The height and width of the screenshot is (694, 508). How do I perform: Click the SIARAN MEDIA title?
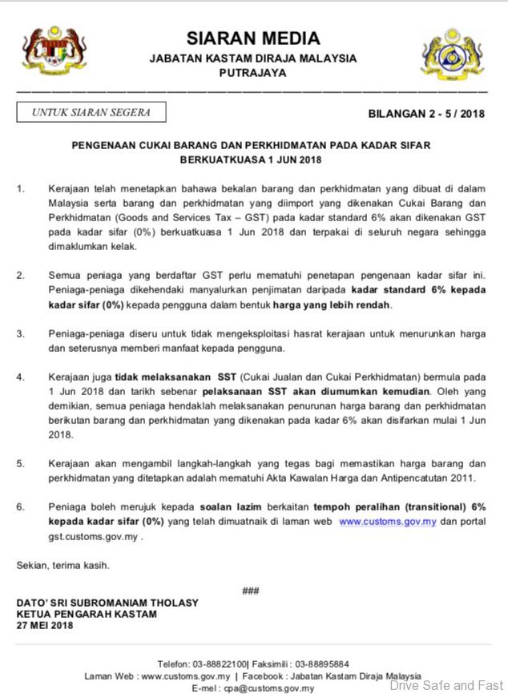[x=253, y=38]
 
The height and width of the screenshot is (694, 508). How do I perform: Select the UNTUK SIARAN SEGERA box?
[x=91, y=113]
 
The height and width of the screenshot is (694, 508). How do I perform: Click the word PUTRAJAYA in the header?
[x=252, y=72]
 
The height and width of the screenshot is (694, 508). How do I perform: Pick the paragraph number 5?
[x=20, y=464]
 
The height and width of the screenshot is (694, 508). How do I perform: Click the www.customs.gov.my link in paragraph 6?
[x=387, y=521]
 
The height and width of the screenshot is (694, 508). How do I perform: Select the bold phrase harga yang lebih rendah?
[x=331, y=305]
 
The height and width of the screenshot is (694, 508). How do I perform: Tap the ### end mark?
[x=251, y=591]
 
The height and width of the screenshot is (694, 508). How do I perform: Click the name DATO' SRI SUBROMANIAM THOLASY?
[x=107, y=603]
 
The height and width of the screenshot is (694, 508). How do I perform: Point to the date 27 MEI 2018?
[x=45, y=625]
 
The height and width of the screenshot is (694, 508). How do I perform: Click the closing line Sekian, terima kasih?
[x=63, y=565]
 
